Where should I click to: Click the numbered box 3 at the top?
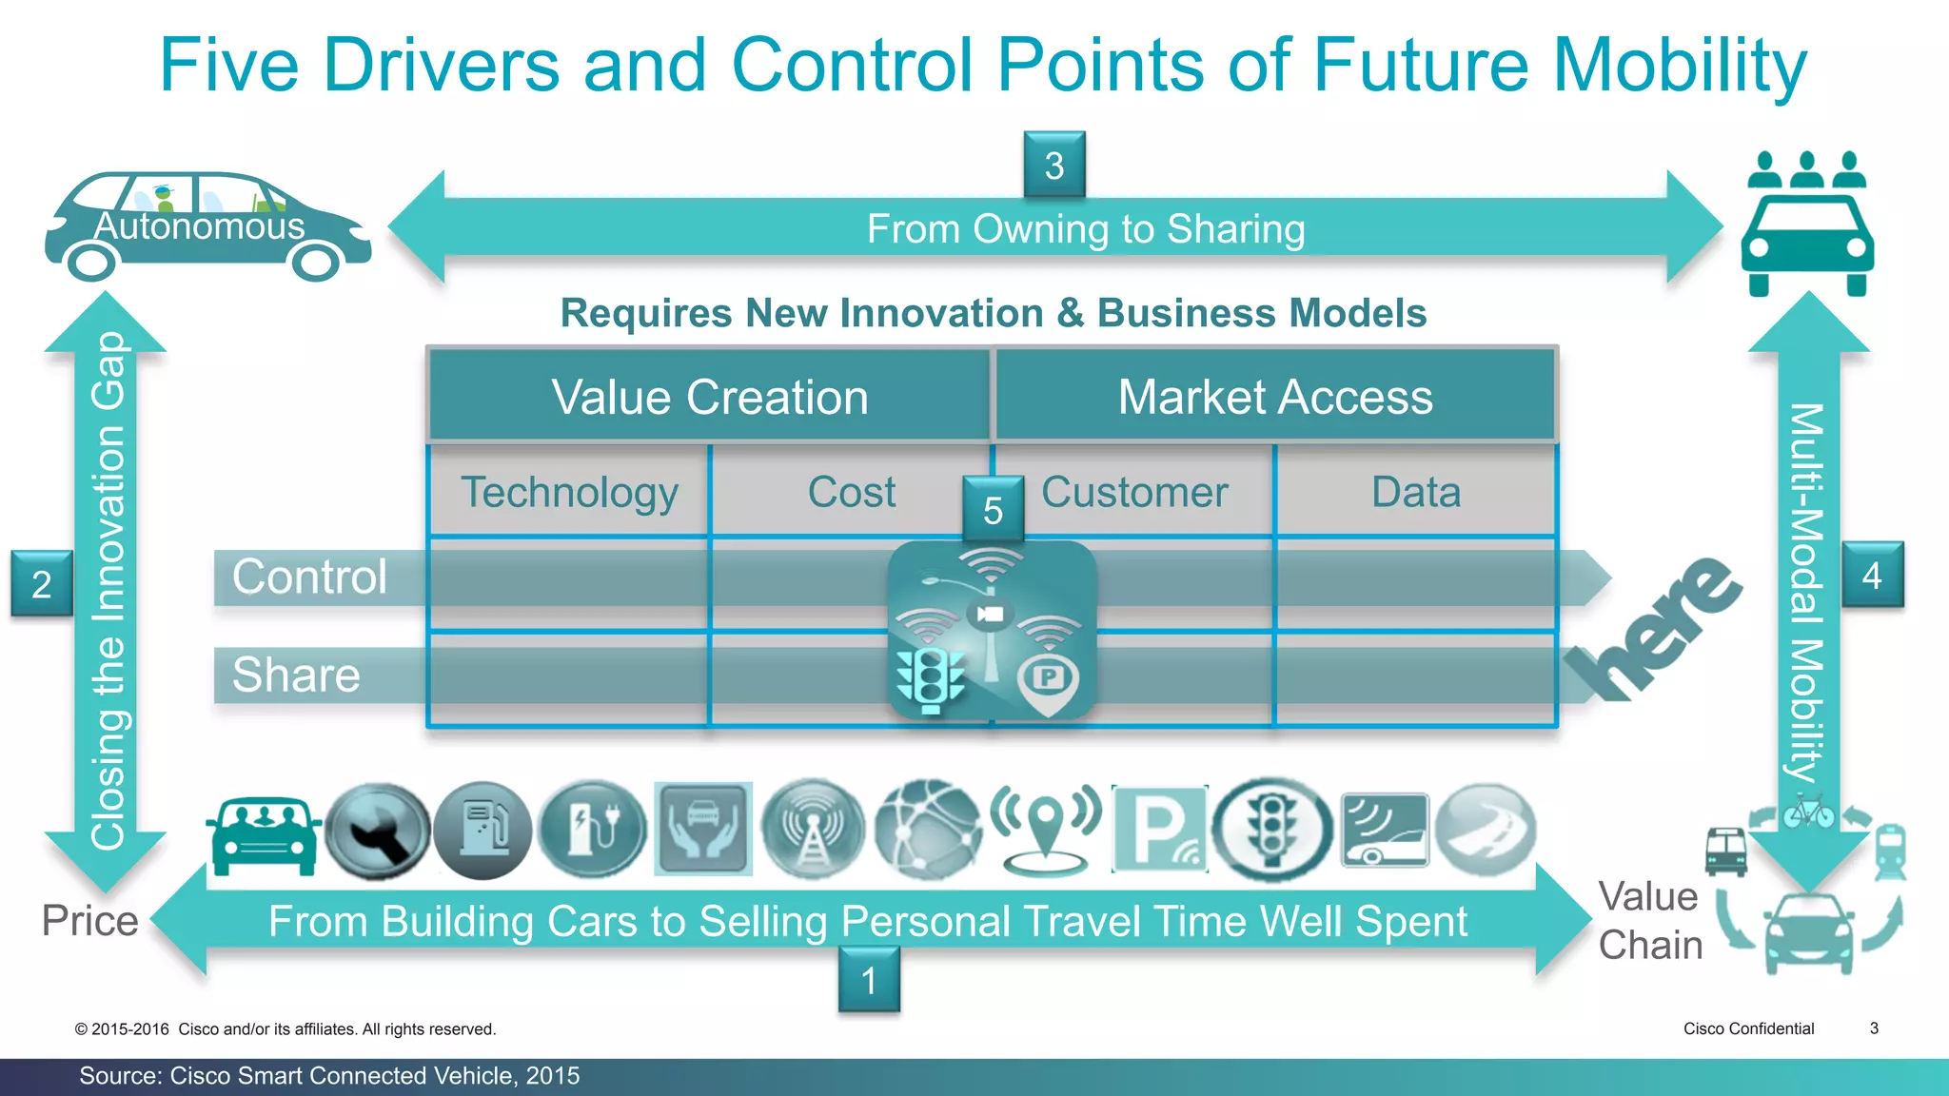click(x=1054, y=166)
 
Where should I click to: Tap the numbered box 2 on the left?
click(x=42, y=583)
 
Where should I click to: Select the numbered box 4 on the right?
click(x=1872, y=575)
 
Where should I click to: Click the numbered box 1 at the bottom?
click(x=869, y=980)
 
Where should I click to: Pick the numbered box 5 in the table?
click(x=993, y=510)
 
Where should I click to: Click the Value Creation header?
click(x=709, y=397)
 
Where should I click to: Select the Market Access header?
click(x=1274, y=397)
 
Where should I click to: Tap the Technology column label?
click(x=569, y=493)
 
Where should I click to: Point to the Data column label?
click(x=1415, y=493)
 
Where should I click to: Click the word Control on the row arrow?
click(x=309, y=577)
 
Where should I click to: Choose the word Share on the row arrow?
click(x=296, y=675)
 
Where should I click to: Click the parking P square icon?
click(x=1159, y=830)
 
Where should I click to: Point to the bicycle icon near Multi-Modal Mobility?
click(x=1808, y=812)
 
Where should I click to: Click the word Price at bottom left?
click(x=89, y=921)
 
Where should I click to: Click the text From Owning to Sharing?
click(x=1085, y=229)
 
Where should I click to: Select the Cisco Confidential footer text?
click(x=1748, y=1028)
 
